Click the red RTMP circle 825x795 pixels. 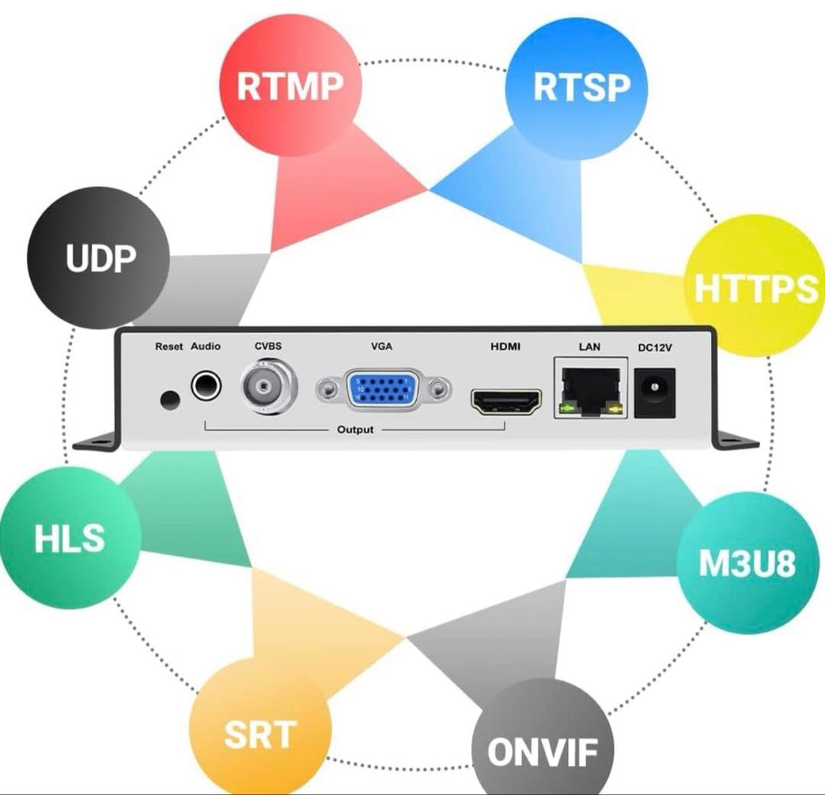[289, 86]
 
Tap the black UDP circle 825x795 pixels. [99, 258]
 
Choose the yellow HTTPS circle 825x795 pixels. [752, 289]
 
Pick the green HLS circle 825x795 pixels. [69, 538]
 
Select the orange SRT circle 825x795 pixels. [260, 732]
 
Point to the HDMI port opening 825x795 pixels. [506, 401]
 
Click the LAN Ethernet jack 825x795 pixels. [589, 390]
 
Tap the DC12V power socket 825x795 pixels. [655, 391]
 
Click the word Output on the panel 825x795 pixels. [355, 430]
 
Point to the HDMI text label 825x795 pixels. [505, 346]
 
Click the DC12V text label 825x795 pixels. [655, 348]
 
